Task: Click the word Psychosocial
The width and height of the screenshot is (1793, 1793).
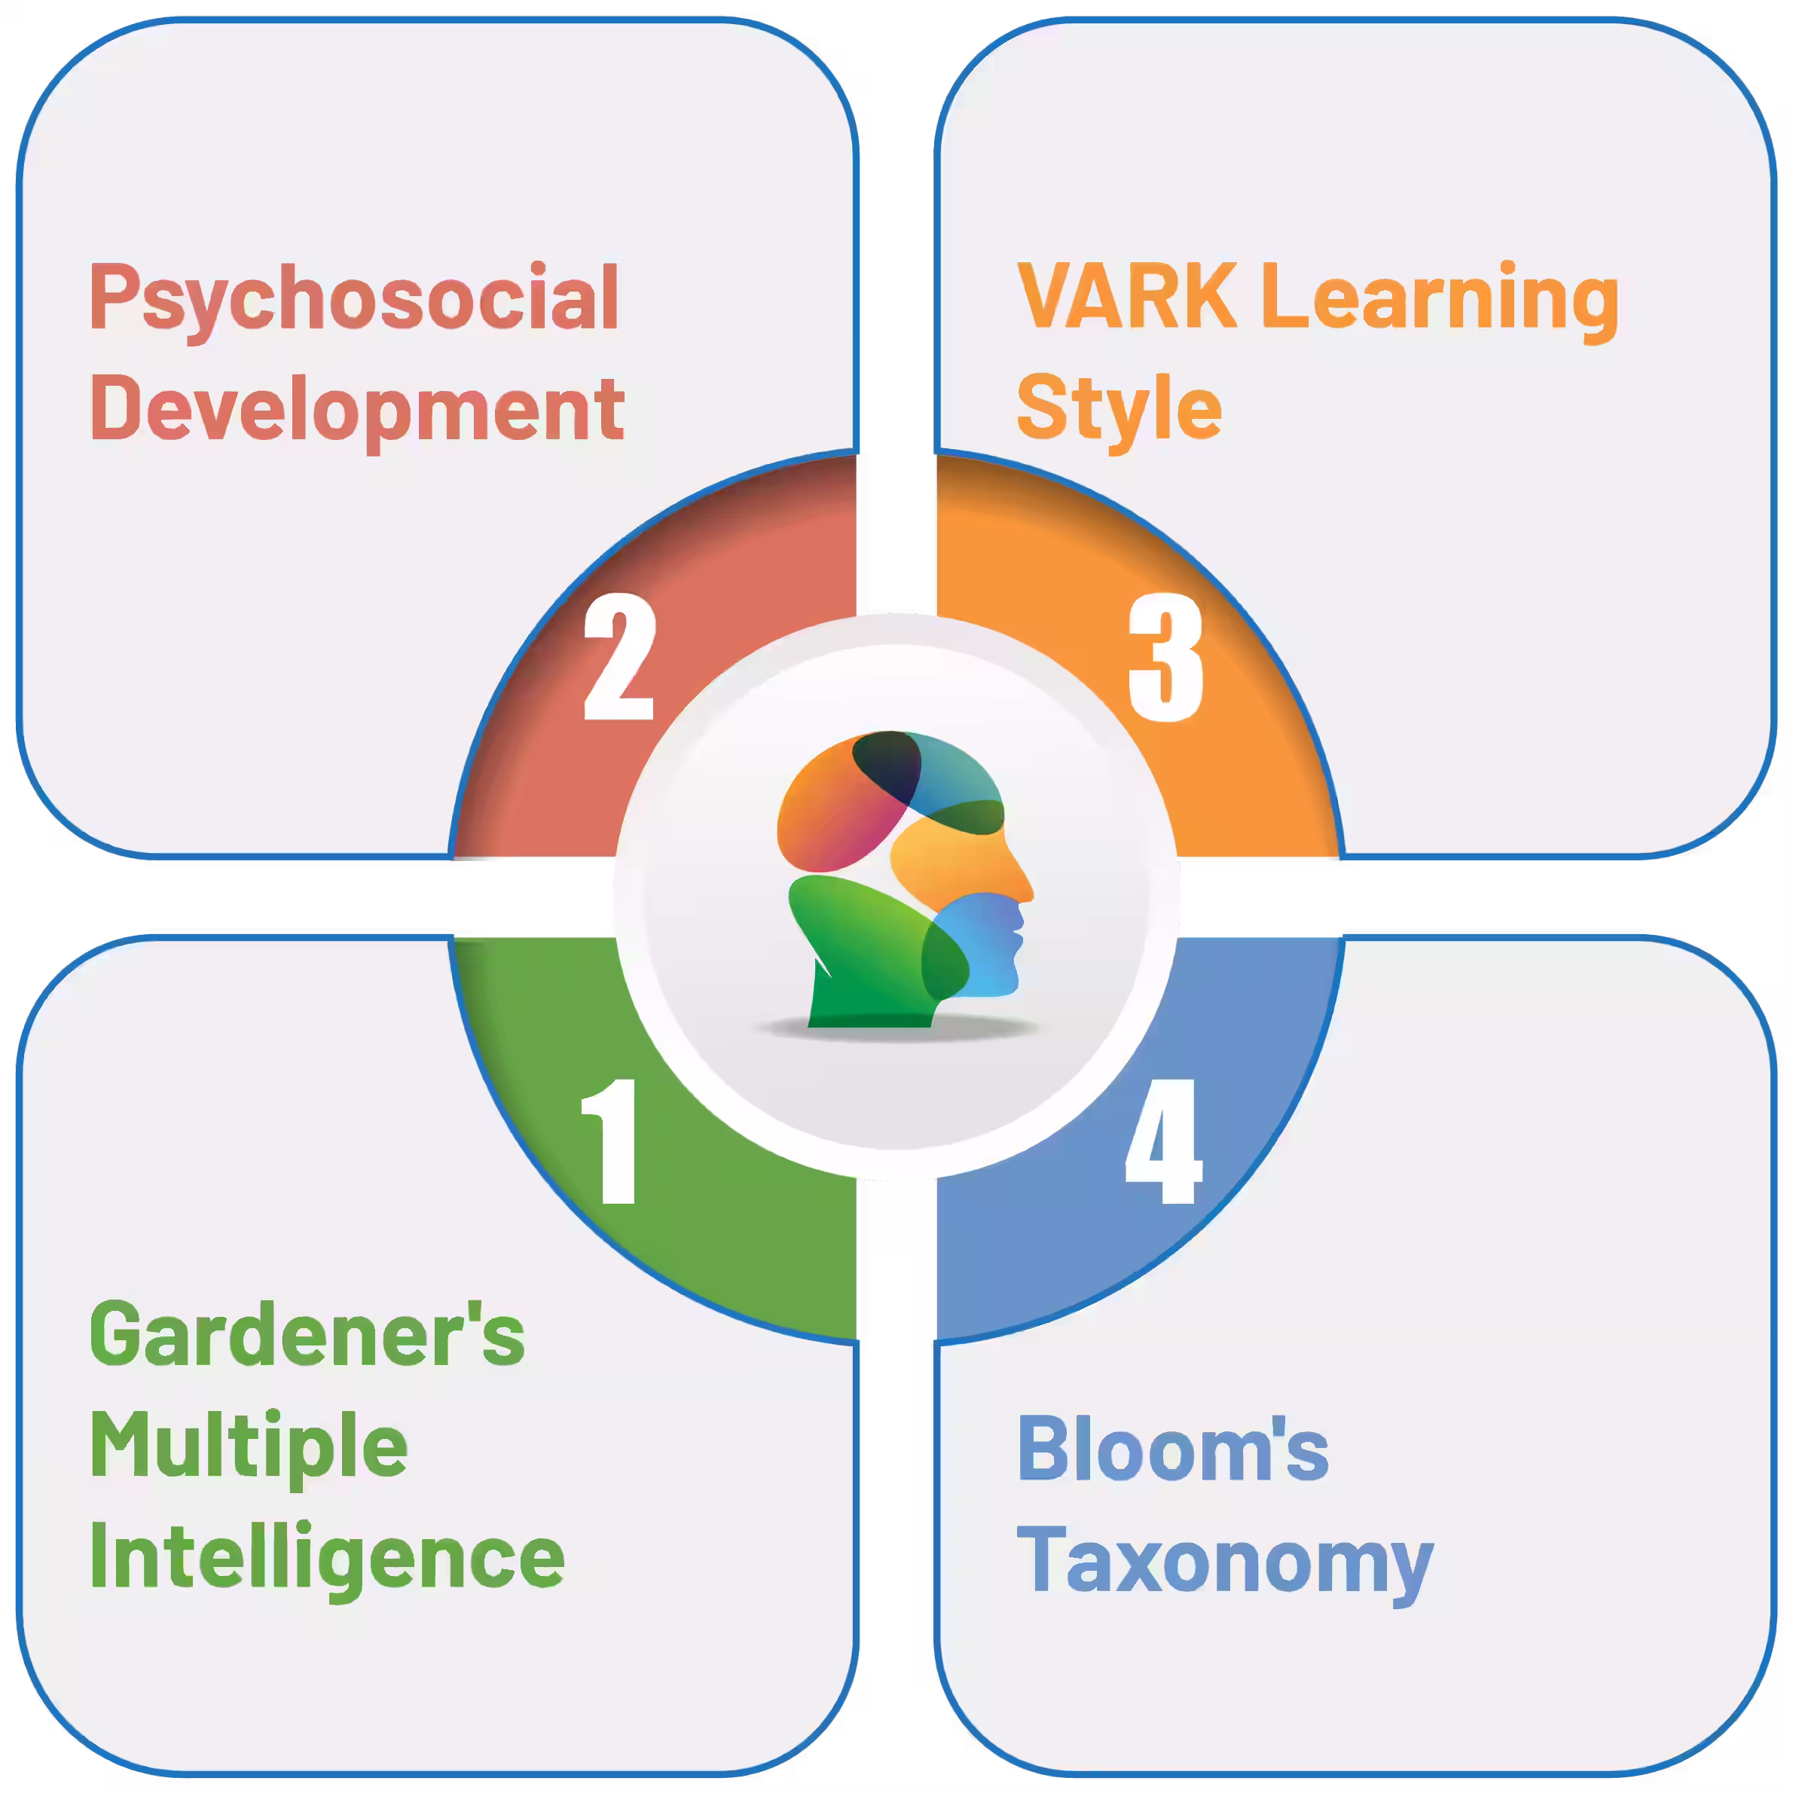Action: coord(355,299)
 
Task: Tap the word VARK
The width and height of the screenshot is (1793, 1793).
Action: coord(1127,297)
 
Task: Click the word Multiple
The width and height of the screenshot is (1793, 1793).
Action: coord(249,1448)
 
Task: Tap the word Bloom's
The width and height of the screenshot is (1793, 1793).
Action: coord(1173,1449)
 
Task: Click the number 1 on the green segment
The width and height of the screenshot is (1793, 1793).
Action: coord(609,1141)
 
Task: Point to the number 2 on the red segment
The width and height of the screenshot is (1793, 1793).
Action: coord(619,657)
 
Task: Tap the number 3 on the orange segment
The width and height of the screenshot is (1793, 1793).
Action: coord(1165,657)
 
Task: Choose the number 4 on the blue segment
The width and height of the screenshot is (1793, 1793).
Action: coord(1164,1141)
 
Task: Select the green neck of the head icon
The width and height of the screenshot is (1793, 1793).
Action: coord(863,993)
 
